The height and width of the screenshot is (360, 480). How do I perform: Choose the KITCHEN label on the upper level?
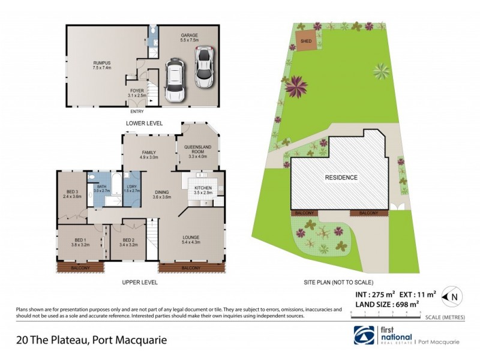203,190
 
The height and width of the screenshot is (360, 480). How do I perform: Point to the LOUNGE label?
191,239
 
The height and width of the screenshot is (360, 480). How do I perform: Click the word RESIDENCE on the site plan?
341,178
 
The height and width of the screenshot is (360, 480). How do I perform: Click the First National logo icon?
364,335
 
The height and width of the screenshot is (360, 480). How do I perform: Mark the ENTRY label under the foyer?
137,111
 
